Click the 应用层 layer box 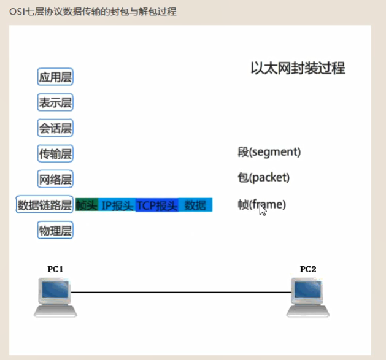55,77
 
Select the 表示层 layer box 55,102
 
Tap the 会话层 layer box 55,128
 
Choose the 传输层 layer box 55,153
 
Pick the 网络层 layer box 55,179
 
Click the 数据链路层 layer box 45,205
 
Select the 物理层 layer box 55,231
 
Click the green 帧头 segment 87,205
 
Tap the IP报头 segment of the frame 117,205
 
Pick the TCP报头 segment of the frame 156,205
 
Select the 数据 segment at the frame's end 195,205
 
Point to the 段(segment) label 269,151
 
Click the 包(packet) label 264,177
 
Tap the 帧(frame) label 262,204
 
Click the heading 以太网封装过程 298,68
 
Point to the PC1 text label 55,269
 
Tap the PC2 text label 308,269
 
